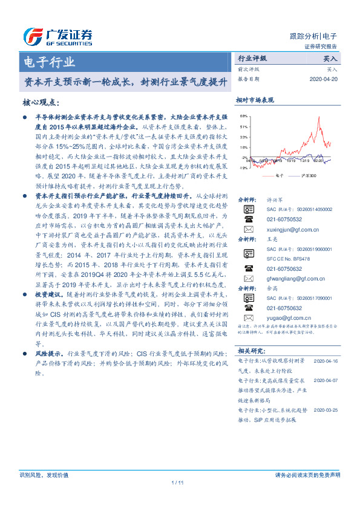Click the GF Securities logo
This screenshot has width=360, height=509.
click(57, 36)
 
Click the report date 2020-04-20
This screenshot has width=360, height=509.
click(324, 79)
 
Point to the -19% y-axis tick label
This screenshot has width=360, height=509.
click(243, 168)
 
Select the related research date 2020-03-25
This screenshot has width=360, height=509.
click(327, 410)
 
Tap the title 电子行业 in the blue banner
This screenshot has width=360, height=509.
click(48, 62)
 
